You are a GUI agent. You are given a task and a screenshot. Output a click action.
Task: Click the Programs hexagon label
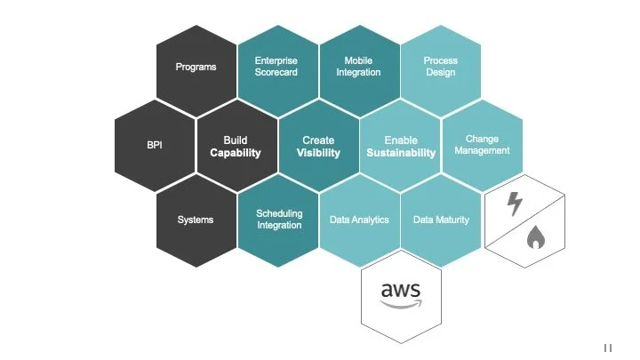pos(196,67)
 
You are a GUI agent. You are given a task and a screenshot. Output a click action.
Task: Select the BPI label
pos(155,145)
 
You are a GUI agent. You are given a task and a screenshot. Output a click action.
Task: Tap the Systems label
pos(196,220)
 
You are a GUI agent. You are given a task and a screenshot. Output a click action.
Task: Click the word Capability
pos(236,153)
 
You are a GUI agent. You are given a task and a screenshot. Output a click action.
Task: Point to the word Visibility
pos(318,153)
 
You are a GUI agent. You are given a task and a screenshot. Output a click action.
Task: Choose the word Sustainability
pos(401,153)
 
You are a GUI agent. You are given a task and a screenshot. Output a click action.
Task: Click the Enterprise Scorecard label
pos(276,67)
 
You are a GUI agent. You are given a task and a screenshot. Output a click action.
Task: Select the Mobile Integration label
pos(358,67)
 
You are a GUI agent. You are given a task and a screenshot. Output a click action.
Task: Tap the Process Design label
pos(440,67)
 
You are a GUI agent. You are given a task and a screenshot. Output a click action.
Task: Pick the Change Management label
pos(482,145)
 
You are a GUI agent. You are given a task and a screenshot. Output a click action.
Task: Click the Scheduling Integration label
pos(279,220)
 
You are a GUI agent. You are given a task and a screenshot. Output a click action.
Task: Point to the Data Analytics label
pos(359,220)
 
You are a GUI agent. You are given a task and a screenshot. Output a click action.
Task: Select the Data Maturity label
pos(441,220)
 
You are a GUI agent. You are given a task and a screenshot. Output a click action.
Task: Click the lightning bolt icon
pos(515,204)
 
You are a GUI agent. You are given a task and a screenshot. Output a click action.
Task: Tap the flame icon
pos(535,236)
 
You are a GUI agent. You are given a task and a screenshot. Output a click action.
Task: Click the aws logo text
pos(400,289)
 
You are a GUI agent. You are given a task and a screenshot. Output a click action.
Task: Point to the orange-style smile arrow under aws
pos(401,303)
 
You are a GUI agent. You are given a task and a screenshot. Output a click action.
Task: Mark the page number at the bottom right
pos(608,348)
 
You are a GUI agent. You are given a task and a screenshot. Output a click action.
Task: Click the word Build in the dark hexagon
pos(236,140)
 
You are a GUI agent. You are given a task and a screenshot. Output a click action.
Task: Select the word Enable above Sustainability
pos(401,140)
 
